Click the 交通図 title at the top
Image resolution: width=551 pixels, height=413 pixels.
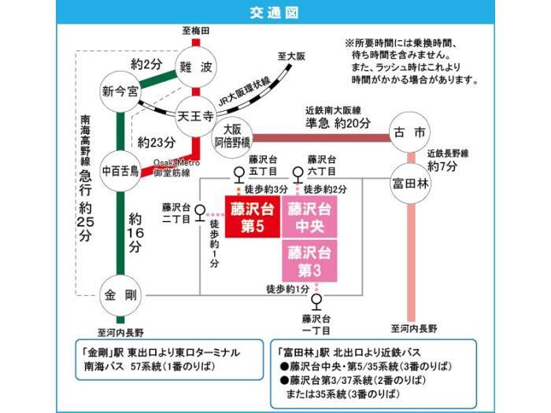coord(275,13)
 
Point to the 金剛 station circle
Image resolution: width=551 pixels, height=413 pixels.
coord(120,295)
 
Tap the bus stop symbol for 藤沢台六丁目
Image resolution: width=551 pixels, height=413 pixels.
coord(298,175)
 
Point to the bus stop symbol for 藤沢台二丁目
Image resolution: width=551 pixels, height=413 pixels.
coord(201,212)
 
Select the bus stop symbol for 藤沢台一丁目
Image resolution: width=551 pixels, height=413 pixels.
coord(316,300)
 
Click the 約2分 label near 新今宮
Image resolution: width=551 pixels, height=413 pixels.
coord(146,63)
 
